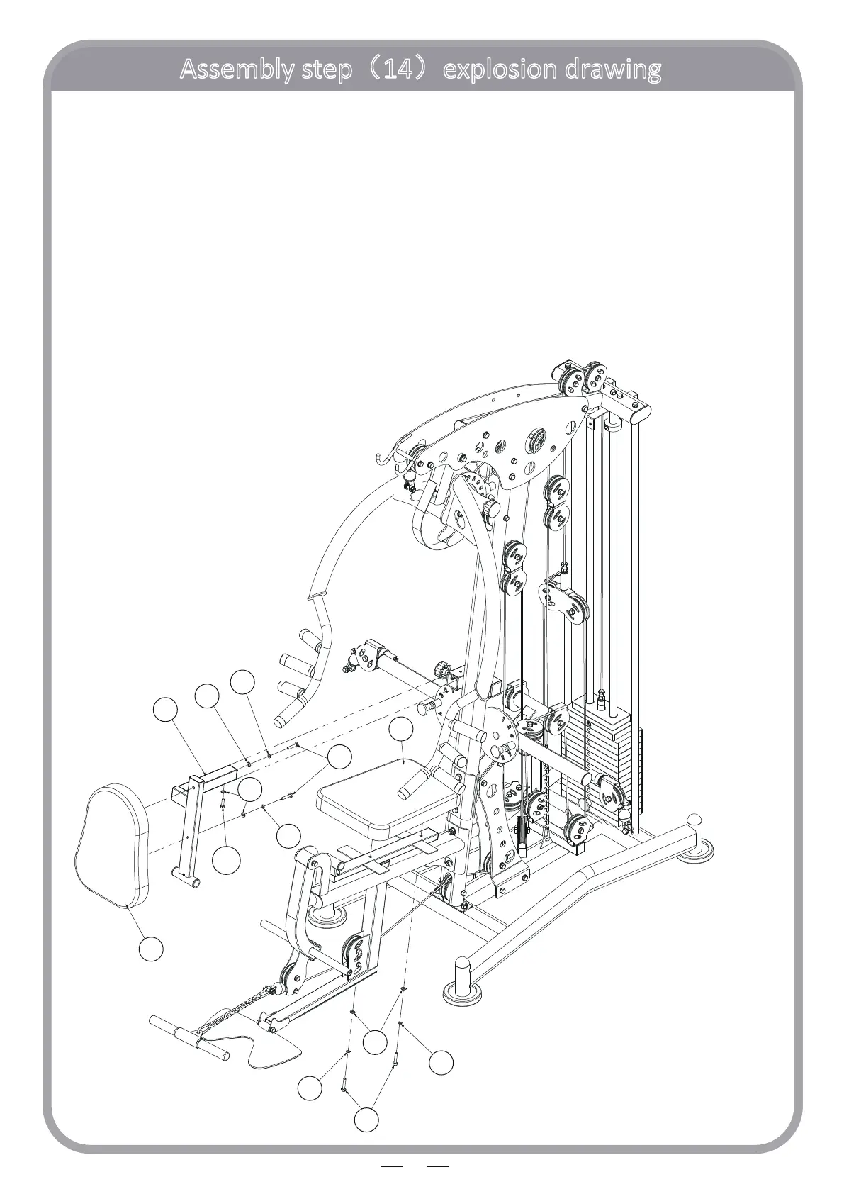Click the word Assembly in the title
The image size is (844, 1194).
click(x=230, y=69)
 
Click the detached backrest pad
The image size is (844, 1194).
click(x=112, y=845)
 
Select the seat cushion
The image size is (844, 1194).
click(x=386, y=794)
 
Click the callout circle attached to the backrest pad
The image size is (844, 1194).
click(x=151, y=948)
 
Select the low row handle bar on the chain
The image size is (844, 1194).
click(x=188, y=1038)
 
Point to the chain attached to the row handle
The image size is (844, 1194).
click(x=237, y=1007)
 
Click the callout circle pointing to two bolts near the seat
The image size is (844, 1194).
click(x=339, y=757)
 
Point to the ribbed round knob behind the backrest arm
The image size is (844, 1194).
click(x=441, y=668)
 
